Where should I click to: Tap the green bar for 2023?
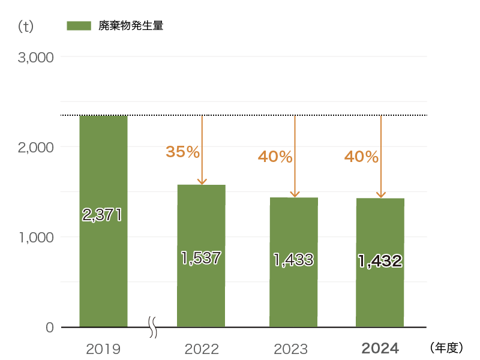[x=293, y=294]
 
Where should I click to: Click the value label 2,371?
[x=102, y=215]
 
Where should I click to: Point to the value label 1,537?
[x=201, y=258]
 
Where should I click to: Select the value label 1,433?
[x=293, y=260]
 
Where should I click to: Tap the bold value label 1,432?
[x=380, y=261]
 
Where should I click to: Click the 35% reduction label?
[x=182, y=152]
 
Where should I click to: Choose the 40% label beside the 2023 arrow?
[x=275, y=157]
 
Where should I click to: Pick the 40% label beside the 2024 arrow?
[x=361, y=157]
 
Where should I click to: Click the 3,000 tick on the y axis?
[x=36, y=58]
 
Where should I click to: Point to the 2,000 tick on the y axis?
[x=36, y=147]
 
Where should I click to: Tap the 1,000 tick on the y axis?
[x=36, y=238]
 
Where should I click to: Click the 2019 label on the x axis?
[x=103, y=349]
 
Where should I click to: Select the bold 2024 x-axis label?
[x=380, y=349]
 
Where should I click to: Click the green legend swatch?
[x=79, y=26]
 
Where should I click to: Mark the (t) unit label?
[x=26, y=26]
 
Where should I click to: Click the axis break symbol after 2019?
[x=153, y=328]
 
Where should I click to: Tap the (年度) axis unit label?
[x=446, y=347]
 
